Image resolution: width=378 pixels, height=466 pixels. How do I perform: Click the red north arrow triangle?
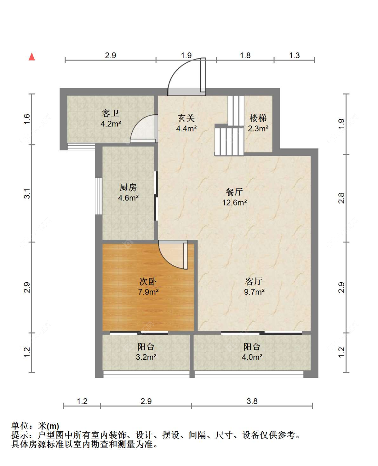(32, 57)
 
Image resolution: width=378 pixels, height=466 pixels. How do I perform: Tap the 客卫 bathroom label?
(111, 113)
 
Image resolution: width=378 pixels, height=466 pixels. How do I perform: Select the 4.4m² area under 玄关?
(186, 129)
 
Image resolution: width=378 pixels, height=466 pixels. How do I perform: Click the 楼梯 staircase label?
(258, 118)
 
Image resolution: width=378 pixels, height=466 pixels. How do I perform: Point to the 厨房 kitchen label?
(128, 187)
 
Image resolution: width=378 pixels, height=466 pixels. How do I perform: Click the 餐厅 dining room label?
(234, 192)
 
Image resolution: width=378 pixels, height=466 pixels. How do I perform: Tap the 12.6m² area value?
(234, 203)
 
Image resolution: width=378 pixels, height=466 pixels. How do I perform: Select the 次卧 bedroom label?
(148, 281)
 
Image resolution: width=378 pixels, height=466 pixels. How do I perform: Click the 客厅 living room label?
(254, 281)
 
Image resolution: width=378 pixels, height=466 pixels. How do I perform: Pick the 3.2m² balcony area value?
(146, 357)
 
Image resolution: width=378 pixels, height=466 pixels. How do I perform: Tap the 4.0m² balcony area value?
(252, 357)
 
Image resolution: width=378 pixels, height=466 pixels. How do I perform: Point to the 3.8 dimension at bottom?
(252, 401)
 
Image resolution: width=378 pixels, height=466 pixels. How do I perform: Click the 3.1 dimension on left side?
(27, 194)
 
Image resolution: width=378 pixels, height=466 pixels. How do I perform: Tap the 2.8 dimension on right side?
(341, 198)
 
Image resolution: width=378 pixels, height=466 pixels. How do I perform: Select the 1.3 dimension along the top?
(294, 56)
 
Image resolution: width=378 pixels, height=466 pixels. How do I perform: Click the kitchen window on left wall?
(98, 196)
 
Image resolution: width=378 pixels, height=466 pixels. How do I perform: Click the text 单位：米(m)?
(35, 426)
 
